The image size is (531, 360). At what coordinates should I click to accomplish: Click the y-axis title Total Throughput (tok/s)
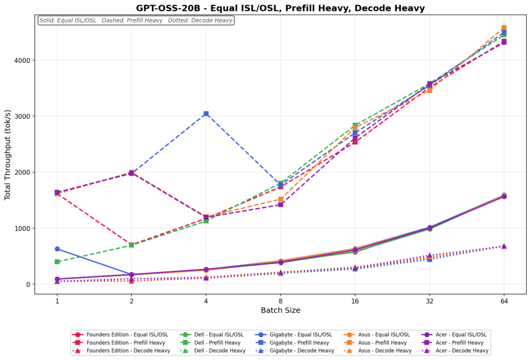coord(8,155)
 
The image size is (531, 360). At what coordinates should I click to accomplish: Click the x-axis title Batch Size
coord(280,310)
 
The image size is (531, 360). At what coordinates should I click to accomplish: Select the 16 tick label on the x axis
coord(355,300)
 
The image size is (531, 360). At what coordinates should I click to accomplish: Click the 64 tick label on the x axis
coord(504,300)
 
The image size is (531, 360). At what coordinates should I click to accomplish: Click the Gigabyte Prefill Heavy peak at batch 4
coord(206,114)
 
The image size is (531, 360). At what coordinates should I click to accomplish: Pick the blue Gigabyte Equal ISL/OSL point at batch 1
coord(57,249)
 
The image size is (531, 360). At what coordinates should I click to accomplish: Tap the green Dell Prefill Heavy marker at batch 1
coord(57,261)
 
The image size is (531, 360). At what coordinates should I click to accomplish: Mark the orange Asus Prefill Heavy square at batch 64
coord(504,28)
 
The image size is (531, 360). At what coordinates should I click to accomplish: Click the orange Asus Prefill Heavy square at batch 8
coord(281,199)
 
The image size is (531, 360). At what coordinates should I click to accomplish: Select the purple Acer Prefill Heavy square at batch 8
coord(281,204)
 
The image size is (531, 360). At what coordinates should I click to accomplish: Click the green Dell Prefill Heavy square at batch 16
coord(355,126)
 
